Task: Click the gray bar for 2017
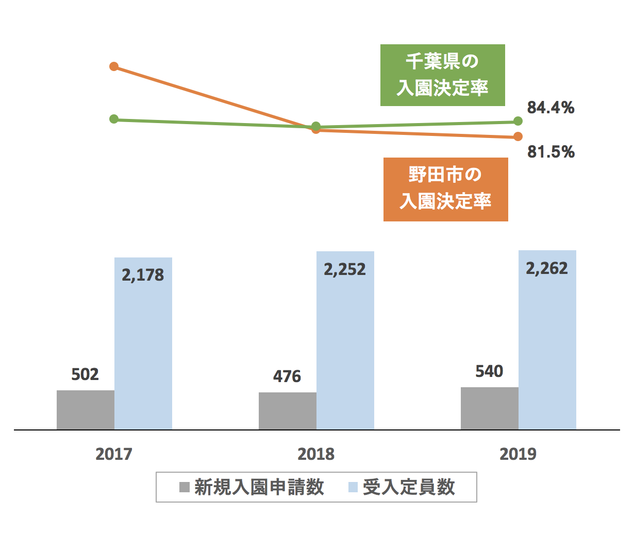(x=86, y=410)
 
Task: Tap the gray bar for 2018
(x=288, y=411)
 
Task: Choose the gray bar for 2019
(x=490, y=408)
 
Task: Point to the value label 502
(x=85, y=374)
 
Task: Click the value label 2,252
(x=345, y=269)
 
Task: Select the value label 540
(x=489, y=371)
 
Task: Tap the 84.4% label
(x=550, y=108)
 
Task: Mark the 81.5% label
(x=550, y=152)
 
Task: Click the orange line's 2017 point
(x=114, y=66)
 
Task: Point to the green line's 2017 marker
(x=114, y=119)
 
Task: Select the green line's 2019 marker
(x=518, y=122)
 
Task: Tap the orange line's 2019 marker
(x=518, y=136)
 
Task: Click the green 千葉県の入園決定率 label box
(x=442, y=75)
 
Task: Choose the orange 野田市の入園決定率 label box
(x=445, y=189)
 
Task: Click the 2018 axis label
(x=316, y=454)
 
